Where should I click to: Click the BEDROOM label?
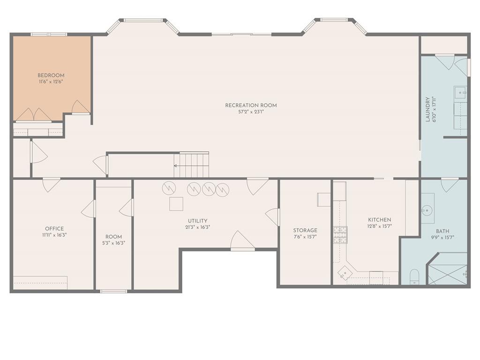click(x=51, y=75)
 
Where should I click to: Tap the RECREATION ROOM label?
click(x=251, y=105)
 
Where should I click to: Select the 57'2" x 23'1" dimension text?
click(x=251, y=112)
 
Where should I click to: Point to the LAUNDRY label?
click(x=428, y=109)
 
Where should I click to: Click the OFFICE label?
click(x=54, y=229)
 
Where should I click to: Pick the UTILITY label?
click(x=197, y=221)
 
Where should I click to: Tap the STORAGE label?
click(x=305, y=230)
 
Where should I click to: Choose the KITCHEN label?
click(x=380, y=220)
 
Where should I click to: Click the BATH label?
click(x=442, y=231)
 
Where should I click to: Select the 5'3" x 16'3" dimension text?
click(x=113, y=243)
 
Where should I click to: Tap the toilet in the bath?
click(x=414, y=277)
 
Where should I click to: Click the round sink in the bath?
click(x=427, y=210)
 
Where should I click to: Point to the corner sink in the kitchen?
click(x=345, y=272)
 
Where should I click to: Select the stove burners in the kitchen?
click(x=340, y=235)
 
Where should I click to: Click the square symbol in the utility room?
click(x=176, y=204)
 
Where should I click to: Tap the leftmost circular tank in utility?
click(x=169, y=188)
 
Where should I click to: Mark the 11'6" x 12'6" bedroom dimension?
click(x=51, y=82)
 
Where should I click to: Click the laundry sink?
click(x=460, y=92)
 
